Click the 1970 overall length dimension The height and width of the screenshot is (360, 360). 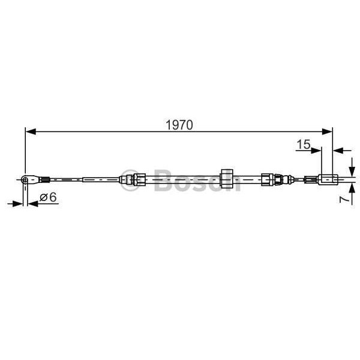click(x=178, y=125)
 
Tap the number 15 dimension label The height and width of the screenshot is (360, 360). click(x=303, y=144)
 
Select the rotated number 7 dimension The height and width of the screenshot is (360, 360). click(x=343, y=199)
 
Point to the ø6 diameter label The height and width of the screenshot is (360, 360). click(x=47, y=197)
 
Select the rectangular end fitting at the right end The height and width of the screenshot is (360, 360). click(x=327, y=178)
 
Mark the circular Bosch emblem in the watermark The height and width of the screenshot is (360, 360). click(x=128, y=179)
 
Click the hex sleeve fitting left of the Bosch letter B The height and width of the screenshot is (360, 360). click(x=133, y=179)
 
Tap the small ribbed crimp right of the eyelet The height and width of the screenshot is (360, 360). click(x=43, y=178)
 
